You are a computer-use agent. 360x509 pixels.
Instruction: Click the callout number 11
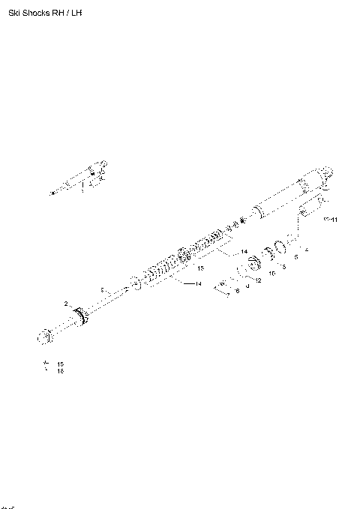(334, 220)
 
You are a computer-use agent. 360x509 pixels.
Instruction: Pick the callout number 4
(306, 249)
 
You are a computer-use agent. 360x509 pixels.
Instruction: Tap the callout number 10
(271, 274)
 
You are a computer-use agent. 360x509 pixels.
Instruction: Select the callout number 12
(257, 281)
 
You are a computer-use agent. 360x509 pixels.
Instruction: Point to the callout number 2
(66, 304)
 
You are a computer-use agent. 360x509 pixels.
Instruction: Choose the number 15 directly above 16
(60, 364)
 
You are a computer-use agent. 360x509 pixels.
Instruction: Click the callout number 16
(60, 371)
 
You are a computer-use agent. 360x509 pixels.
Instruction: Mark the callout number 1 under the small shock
(82, 191)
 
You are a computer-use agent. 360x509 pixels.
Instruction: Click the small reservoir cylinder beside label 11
(310, 208)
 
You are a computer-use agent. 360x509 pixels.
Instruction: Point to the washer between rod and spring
(135, 283)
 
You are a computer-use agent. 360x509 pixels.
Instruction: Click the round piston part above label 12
(253, 265)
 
